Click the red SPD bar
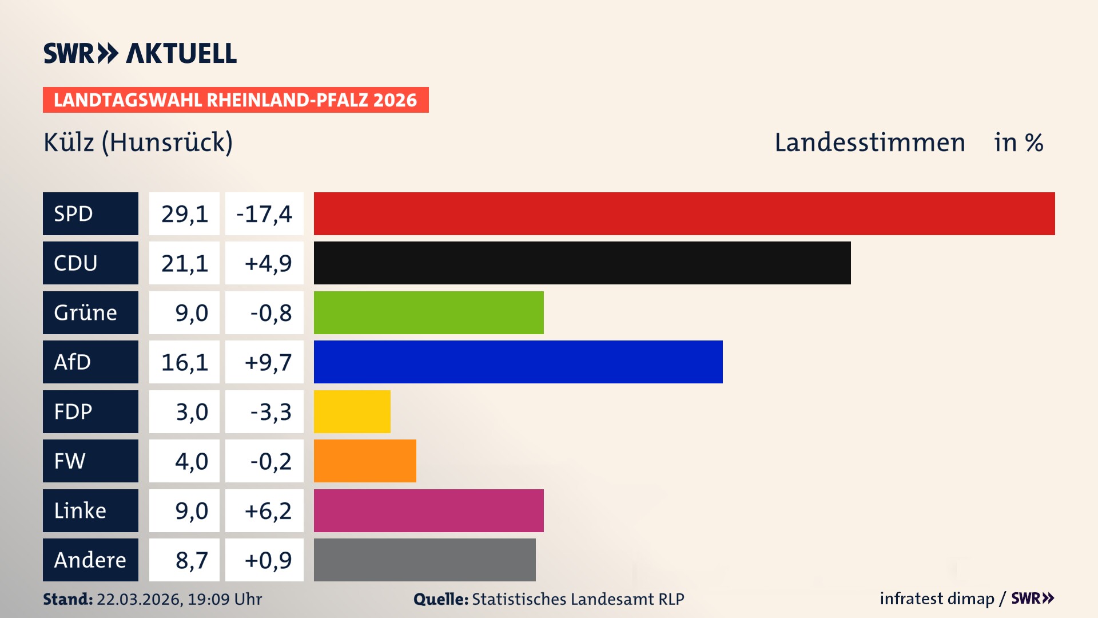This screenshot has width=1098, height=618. click(x=684, y=213)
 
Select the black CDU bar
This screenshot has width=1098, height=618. click(x=582, y=263)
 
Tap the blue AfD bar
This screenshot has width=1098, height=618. click(x=518, y=362)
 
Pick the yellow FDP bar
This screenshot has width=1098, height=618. click(x=352, y=411)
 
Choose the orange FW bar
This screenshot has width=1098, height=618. click(x=365, y=461)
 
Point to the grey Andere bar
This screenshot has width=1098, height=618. click(x=424, y=560)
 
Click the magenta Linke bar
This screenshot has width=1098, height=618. click(x=428, y=510)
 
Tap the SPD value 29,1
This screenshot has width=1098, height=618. click(x=184, y=213)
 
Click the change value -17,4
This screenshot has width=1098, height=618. click(x=264, y=213)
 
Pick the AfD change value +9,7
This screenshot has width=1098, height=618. click(x=268, y=362)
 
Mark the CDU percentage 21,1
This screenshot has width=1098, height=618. click(x=184, y=263)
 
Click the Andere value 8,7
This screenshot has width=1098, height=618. click(x=191, y=560)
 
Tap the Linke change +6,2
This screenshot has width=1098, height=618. click(x=268, y=510)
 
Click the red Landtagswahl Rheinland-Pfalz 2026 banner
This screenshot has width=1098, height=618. click(x=236, y=100)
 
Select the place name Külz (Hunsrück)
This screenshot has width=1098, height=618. click(x=138, y=142)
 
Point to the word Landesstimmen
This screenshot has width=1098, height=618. click(x=869, y=142)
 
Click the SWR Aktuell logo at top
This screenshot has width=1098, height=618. click(x=140, y=53)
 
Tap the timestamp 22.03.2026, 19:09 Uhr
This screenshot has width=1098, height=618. click(x=179, y=599)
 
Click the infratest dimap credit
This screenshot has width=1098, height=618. click(x=936, y=599)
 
